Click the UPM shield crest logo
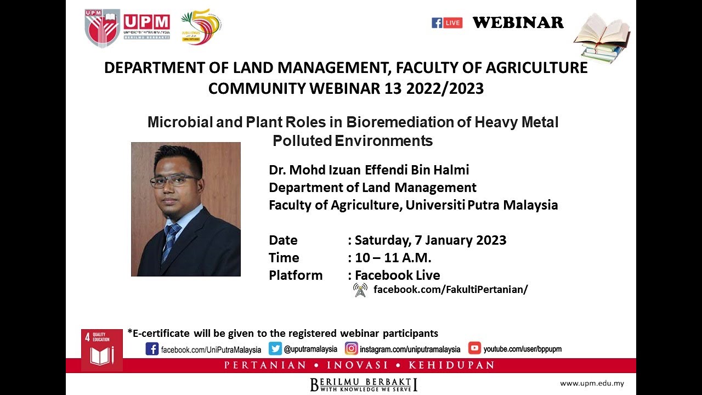(102, 28)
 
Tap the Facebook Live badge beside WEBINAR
(447, 23)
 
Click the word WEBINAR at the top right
(518, 22)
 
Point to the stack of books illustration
(602, 38)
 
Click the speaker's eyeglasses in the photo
(174, 180)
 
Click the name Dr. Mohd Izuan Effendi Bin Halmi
(369, 170)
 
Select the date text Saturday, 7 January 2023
(431, 240)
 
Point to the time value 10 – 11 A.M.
(393, 257)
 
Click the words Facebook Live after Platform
(397, 275)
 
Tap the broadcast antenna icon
(360, 290)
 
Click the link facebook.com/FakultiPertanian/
(450, 290)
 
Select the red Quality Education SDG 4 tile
(101, 349)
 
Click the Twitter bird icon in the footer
(275, 349)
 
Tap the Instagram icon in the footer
(352, 349)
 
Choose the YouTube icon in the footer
(474, 348)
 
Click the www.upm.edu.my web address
(591, 383)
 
